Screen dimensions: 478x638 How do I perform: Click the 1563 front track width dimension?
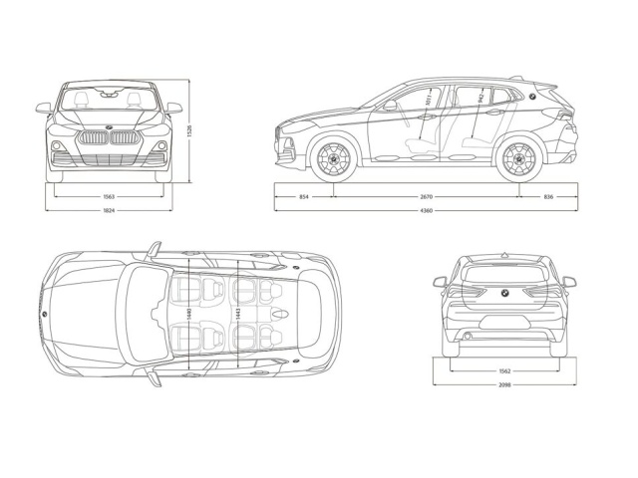[108, 197]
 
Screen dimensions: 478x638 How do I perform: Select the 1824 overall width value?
[108, 212]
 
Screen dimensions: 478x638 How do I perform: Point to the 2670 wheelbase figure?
[426, 197]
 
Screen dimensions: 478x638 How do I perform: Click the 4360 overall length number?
[426, 212]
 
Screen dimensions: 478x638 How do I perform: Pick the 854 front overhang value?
[303, 197]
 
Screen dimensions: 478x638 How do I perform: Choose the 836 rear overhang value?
[548, 197]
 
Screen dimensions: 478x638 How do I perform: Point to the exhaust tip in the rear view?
[468, 337]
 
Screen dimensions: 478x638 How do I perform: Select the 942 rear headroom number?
[480, 98]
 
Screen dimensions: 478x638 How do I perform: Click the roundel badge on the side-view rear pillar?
[532, 96]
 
